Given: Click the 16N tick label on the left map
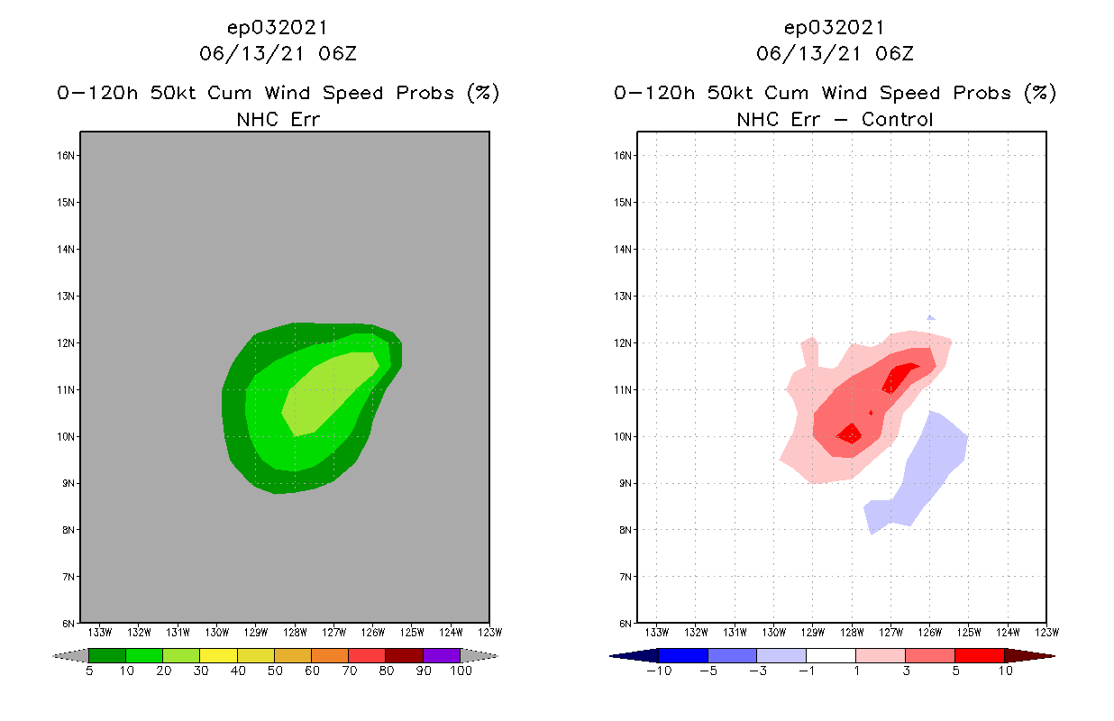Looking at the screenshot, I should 67,155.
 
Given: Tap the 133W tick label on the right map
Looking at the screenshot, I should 657,632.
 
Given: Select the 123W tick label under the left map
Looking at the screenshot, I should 489,632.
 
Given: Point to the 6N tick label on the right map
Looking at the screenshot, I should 625,624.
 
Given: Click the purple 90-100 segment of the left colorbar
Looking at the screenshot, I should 442,655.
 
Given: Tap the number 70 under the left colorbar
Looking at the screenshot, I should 348,671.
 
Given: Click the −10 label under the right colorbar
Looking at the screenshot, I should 659,671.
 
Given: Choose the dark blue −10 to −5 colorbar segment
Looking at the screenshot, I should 683,655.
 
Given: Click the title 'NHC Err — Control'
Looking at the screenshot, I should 835,119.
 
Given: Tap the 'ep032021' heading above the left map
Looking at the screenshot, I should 278,28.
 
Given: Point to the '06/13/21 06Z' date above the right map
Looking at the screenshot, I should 835,53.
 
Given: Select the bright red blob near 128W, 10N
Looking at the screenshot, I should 850,434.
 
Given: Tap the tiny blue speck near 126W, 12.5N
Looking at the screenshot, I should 931,317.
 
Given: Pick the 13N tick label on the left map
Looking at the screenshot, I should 67,296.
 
